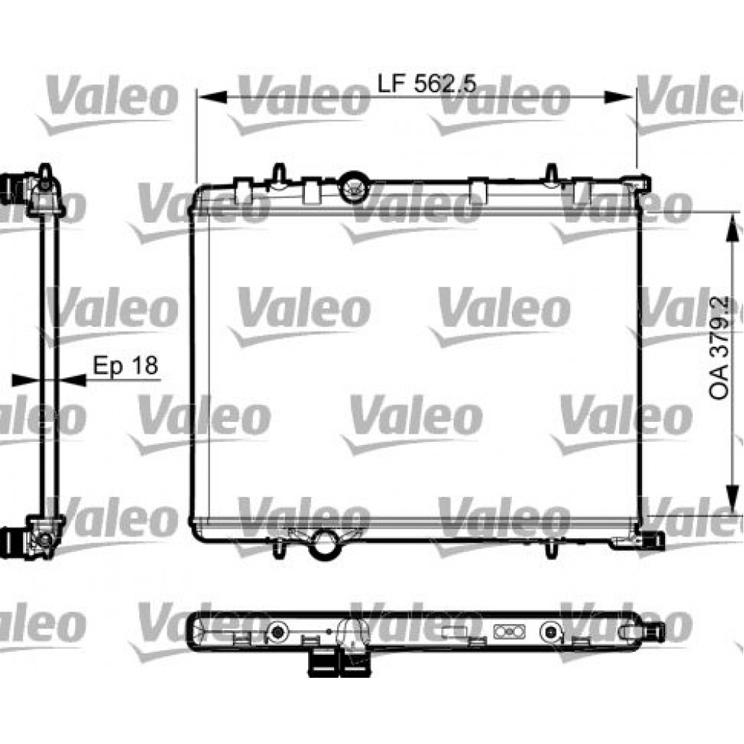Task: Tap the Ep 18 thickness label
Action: pos(124,365)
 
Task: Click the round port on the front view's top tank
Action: pos(354,187)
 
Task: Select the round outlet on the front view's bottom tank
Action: pos(324,542)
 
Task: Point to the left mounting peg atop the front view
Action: pos(278,173)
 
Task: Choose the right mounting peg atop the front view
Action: pos(551,173)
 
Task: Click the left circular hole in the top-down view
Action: pos(278,632)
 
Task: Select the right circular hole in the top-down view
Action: pos(551,632)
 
